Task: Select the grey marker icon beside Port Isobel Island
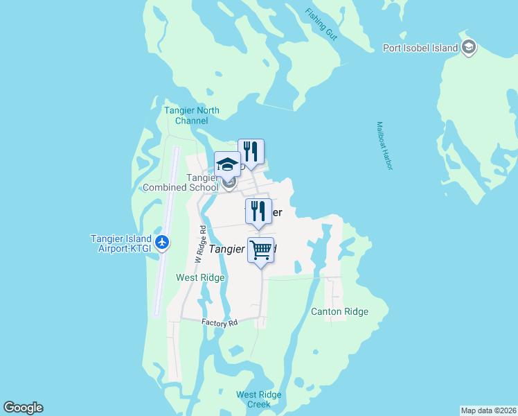(470, 47)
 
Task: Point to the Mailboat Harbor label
(384, 146)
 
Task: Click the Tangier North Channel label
(192, 115)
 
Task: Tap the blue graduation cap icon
(227, 165)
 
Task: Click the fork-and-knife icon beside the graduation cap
(251, 151)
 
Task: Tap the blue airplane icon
(162, 242)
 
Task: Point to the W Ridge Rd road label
(200, 243)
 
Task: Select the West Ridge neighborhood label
(200, 277)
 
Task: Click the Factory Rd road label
(220, 323)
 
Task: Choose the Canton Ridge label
(339, 311)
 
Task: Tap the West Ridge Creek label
(258, 399)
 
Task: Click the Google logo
(23, 408)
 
